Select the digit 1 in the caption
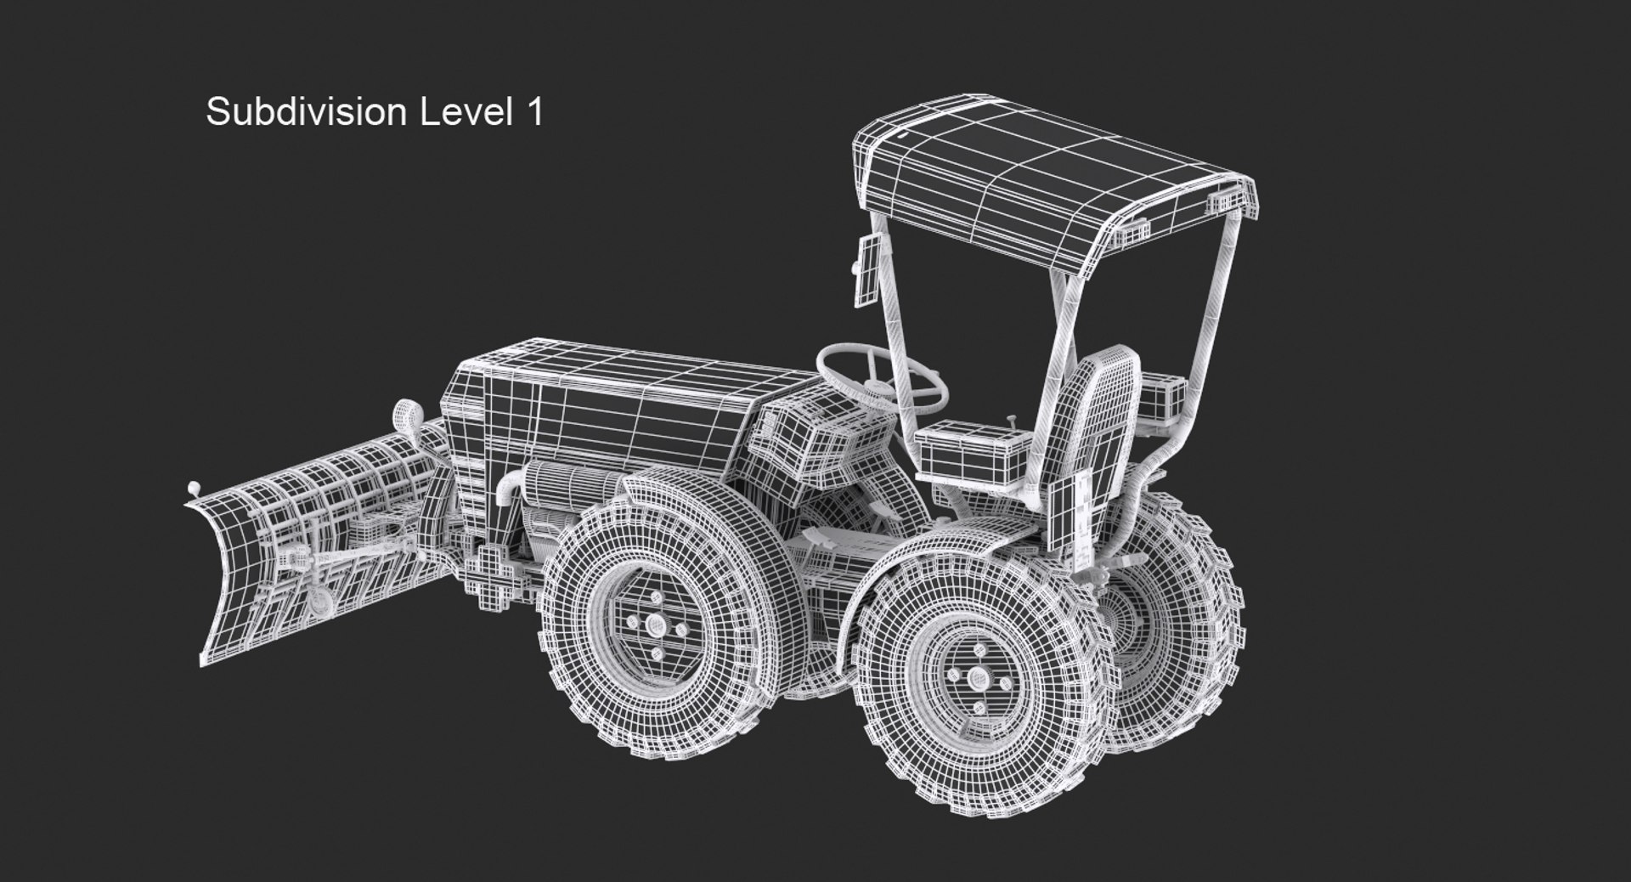[533, 112]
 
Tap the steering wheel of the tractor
[882, 374]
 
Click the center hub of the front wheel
[656, 625]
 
